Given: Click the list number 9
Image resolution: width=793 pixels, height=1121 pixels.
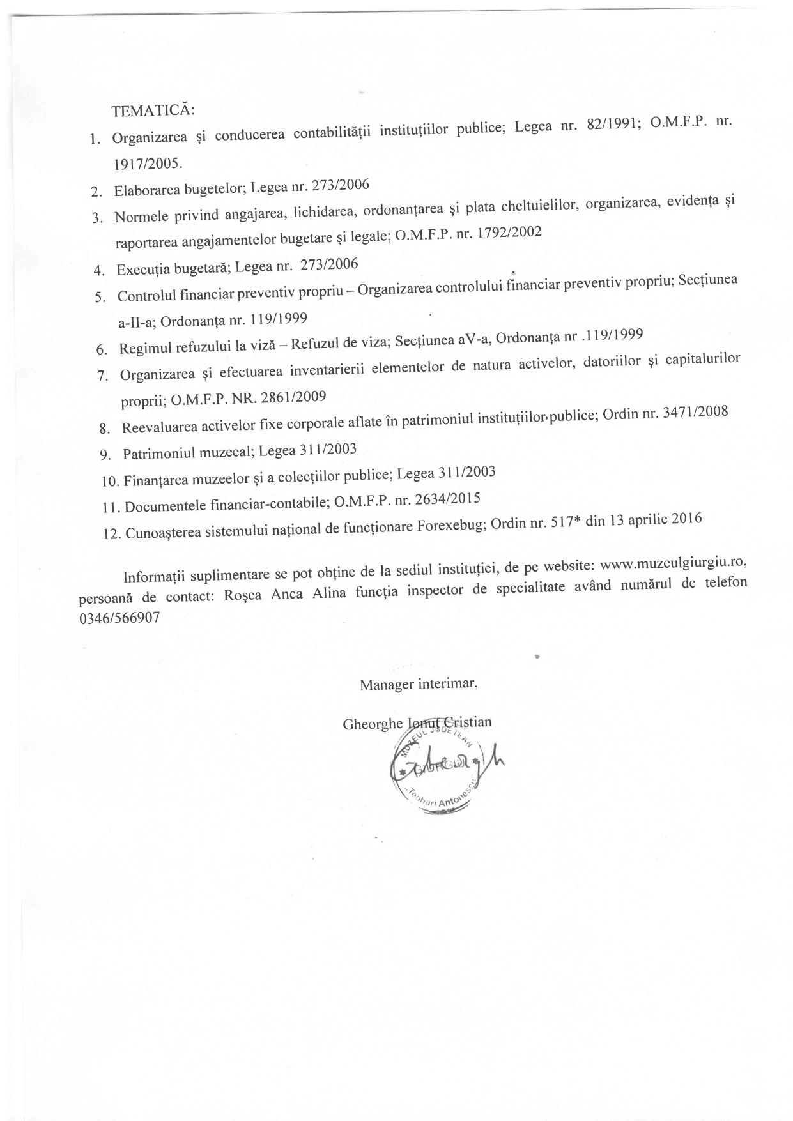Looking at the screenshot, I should [x=106, y=455].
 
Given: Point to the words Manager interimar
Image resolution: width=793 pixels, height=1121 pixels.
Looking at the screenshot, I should [x=419, y=685].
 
